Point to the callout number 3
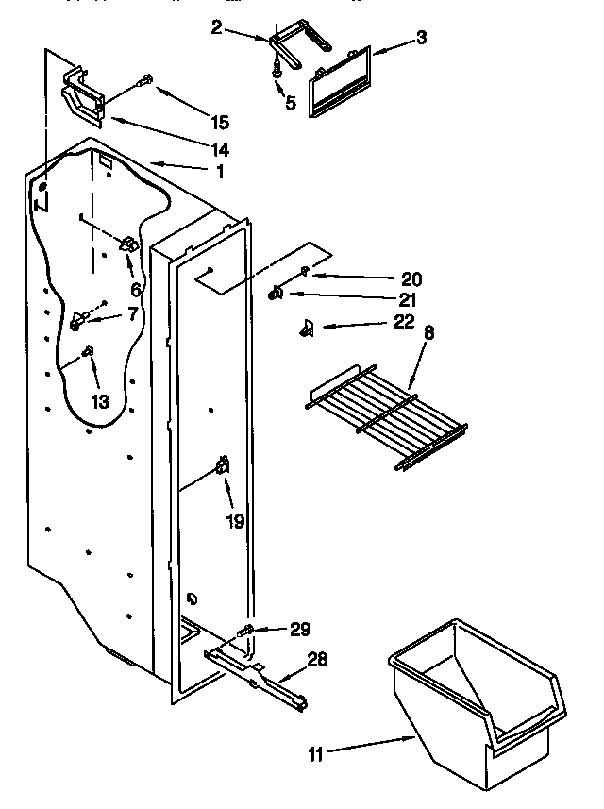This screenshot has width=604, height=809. click(422, 38)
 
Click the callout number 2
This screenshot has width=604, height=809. click(216, 29)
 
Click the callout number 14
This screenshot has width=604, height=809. click(219, 148)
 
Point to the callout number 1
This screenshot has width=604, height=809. click(220, 172)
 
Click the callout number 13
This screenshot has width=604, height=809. click(99, 401)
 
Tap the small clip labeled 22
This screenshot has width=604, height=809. click(307, 328)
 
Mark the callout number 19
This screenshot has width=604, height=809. click(234, 520)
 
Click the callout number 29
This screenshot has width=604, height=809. click(300, 628)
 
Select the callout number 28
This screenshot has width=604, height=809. click(317, 659)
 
